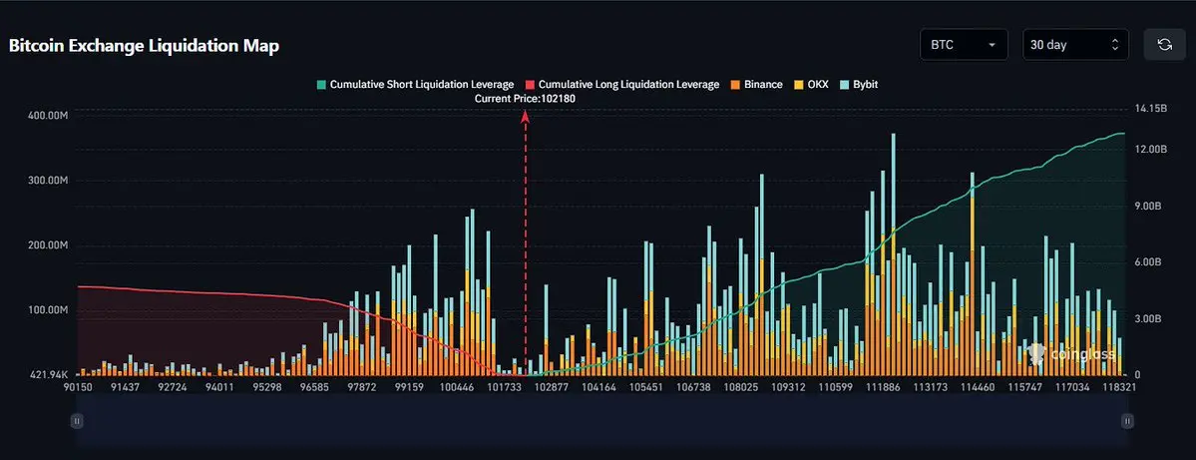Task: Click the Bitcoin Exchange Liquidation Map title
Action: [144, 46]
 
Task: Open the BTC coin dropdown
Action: [964, 45]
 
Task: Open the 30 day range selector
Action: [1075, 45]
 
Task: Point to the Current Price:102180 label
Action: [525, 99]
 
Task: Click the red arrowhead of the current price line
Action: [526, 118]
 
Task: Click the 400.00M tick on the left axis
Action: [49, 116]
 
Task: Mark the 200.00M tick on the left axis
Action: [49, 245]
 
